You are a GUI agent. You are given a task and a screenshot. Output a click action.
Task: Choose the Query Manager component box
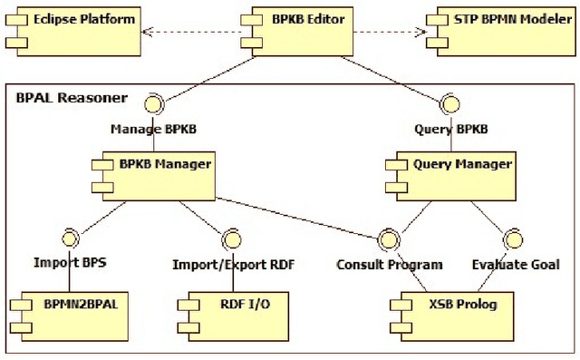pyautogui.click(x=447, y=173)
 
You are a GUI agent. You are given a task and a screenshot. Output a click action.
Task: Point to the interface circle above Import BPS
pyautogui.click(x=65, y=239)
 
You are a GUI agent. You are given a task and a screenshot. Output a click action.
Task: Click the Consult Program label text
pyautogui.click(x=390, y=265)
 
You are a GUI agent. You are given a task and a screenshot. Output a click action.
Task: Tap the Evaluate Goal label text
pyautogui.click(x=515, y=265)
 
